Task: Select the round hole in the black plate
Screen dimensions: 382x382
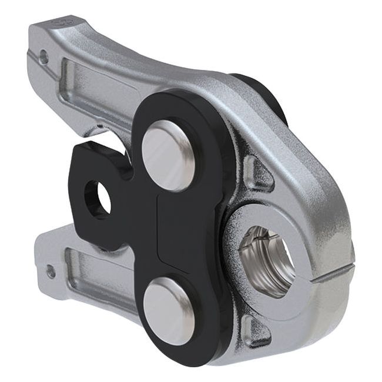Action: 98,198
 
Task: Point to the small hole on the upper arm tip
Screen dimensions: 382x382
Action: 43,56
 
